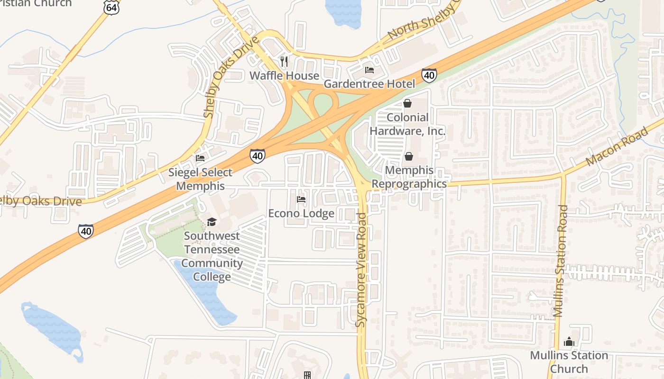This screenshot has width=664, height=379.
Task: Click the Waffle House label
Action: point(284,76)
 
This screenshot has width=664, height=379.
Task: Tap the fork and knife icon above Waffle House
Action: point(284,61)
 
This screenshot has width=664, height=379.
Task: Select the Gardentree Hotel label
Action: point(369,84)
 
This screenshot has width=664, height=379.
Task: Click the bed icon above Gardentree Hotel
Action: point(369,70)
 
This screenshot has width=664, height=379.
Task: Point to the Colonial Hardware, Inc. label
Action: point(407,124)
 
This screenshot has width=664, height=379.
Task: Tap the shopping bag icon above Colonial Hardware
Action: point(407,103)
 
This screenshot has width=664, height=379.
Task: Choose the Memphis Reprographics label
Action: point(409,177)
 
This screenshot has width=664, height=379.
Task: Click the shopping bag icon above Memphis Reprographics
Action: point(408,156)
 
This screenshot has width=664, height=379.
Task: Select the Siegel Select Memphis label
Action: point(200,179)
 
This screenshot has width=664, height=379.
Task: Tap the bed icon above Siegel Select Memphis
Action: point(200,158)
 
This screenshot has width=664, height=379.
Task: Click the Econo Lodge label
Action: point(301,214)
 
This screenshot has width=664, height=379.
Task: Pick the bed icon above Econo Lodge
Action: point(301,199)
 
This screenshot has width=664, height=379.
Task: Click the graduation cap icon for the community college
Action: point(212,222)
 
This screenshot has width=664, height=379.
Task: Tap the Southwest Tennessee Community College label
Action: point(212,256)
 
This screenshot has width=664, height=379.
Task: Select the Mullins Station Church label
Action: point(569,361)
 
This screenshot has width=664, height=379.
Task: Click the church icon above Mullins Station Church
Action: point(569,341)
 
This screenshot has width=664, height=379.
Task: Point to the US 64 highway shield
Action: point(112,6)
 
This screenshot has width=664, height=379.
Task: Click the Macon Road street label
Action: point(617,146)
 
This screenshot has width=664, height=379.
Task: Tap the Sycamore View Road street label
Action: point(362,270)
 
